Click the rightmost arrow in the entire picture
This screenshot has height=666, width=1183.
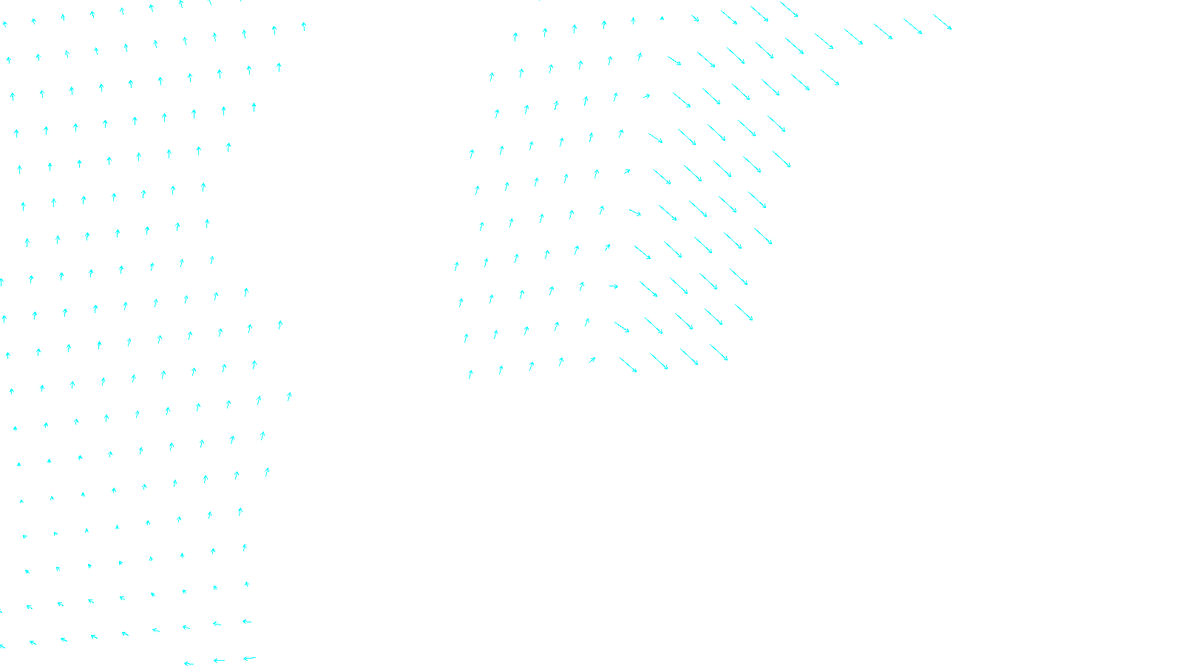pyautogui.click(x=942, y=21)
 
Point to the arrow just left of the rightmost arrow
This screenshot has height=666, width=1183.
pyautogui.click(x=912, y=26)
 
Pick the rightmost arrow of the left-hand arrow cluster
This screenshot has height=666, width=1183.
pyautogui.click(x=303, y=27)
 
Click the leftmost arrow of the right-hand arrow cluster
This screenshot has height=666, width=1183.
pyautogui.click(x=456, y=266)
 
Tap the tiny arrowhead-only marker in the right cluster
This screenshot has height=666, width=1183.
pyautogui.click(x=662, y=18)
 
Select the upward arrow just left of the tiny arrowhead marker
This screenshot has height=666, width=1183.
pyautogui.click(x=633, y=21)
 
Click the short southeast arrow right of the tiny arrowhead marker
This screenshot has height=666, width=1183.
pyautogui.click(x=695, y=18)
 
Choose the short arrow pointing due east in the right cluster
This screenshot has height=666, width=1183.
pyautogui.click(x=614, y=286)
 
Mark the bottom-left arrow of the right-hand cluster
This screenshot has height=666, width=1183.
pyautogui.click(x=470, y=374)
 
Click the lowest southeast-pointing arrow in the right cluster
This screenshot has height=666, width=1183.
pyautogui.click(x=628, y=365)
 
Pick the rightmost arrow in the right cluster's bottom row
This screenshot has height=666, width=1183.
pyautogui.click(x=719, y=353)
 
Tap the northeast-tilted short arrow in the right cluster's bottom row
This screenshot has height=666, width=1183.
pyautogui.click(x=591, y=360)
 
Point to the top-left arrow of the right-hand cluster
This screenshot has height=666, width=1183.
pyautogui.click(x=515, y=36)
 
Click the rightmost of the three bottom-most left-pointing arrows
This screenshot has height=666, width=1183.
pyautogui.click(x=249, y=658)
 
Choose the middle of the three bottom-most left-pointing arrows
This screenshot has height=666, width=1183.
pyautogui.click(x=219, y=660)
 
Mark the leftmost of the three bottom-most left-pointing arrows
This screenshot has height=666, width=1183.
pyautogui.click(x=189, y=663)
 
